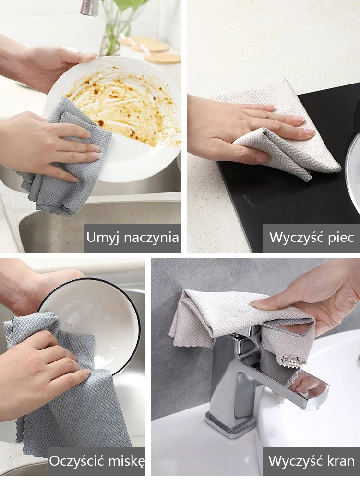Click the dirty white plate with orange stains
click(x=129, y=110)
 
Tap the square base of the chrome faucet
click(x=230, y=422)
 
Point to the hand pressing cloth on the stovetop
click(x=245, y=129)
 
